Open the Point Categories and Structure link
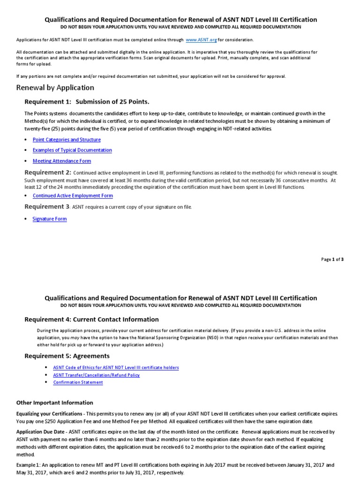[67, 140]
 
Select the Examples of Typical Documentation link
[72, 150]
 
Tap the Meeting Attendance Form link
[62, 161]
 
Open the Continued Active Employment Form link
[73, 195]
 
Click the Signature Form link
[50, 219]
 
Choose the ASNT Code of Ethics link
[116, 367]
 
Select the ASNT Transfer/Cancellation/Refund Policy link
[96, 375]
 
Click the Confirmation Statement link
[78, 382]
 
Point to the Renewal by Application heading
[55, 88]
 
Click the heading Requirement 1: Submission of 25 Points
[87, 102]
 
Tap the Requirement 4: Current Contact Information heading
[91, 319]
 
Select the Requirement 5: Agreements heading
[67, 356]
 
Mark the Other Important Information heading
[54, 403]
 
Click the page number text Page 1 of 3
[332, 259]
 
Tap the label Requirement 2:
[48, 172]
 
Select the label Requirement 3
[47, 207]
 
